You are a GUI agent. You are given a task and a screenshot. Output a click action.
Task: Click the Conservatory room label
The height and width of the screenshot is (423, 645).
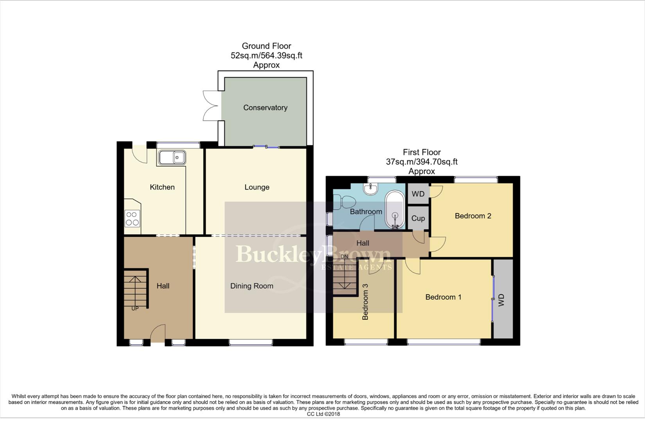pos(265,108)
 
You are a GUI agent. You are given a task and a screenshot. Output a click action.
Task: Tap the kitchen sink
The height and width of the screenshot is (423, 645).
pos(172,158)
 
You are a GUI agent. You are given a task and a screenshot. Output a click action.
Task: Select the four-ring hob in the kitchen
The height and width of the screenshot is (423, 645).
pos(132,219)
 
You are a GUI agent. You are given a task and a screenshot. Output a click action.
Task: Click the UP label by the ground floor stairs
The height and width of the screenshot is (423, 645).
pos(135,309)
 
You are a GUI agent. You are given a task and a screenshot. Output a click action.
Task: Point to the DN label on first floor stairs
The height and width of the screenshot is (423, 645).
pos(344,257)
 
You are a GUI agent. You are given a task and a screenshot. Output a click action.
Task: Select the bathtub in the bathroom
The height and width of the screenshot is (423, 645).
pos(395,210)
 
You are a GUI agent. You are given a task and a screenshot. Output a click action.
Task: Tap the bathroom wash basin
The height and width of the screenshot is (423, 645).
pos(370,189)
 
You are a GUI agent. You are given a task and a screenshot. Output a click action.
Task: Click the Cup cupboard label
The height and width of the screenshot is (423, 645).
pos(418,219)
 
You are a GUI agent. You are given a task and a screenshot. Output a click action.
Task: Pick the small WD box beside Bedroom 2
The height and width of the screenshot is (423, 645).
pos(418,194)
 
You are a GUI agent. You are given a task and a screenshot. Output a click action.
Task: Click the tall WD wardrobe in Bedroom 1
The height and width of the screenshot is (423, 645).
pos(503,300)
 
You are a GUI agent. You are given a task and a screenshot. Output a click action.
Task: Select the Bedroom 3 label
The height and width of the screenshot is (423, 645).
pos(365,302)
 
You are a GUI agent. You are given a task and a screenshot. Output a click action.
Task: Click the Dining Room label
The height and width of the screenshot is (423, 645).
pos(252,286)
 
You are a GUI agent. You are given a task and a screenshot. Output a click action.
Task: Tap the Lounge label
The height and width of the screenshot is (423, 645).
pos(257,187)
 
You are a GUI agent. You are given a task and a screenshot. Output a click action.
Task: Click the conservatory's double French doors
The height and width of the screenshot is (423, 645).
pos(210,105)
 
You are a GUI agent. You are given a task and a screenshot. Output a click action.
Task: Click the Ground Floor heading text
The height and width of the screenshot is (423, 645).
pos(266,46)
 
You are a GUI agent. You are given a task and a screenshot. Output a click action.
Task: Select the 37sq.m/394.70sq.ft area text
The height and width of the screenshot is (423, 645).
pos(422,162)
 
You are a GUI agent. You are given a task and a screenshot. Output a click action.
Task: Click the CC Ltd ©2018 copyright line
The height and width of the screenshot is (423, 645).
pos(323,414)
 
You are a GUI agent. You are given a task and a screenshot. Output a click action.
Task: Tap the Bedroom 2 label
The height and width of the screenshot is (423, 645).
pos(473,216)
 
